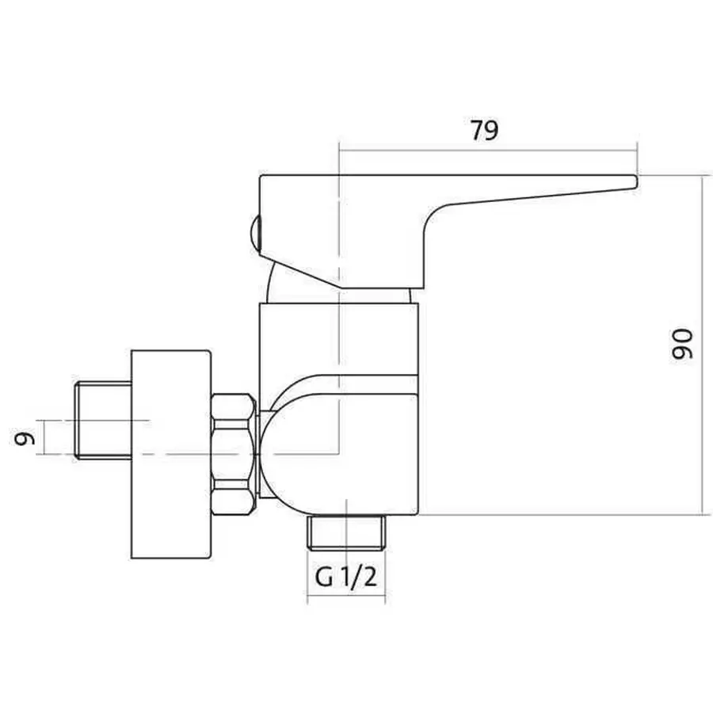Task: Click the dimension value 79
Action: [x=484, y=131]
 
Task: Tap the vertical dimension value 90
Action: [x=683, y=345]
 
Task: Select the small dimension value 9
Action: [x=25, y=438]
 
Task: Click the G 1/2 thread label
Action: [x=346, y=577]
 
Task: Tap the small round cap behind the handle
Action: [x=255, y=233]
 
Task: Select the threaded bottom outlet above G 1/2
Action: [x=346, y=532]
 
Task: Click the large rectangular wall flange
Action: [x=171, y=454]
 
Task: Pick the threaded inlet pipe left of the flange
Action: [x=103, y=421]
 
